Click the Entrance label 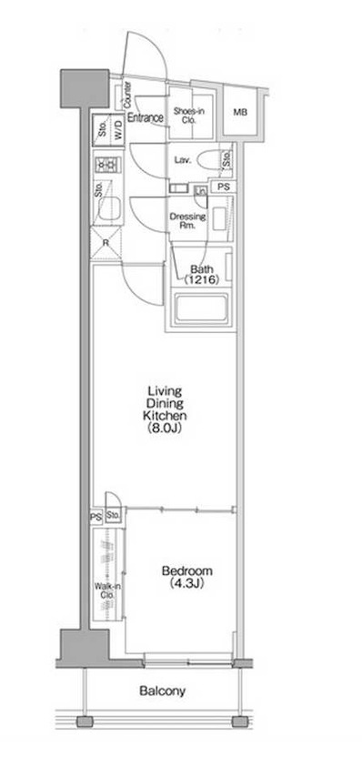(x=145, y=117)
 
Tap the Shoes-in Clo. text (x=188, y=114)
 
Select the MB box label (x=239, y=113)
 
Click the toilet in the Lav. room (x=211, y=162)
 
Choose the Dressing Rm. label (x=188, y=222)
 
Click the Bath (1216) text (x=201, y=275)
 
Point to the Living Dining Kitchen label (x=164, y=410)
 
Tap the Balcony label (x=163, y=691)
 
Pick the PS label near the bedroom (x=95, y=516)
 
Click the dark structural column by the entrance (x=75, y=86)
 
